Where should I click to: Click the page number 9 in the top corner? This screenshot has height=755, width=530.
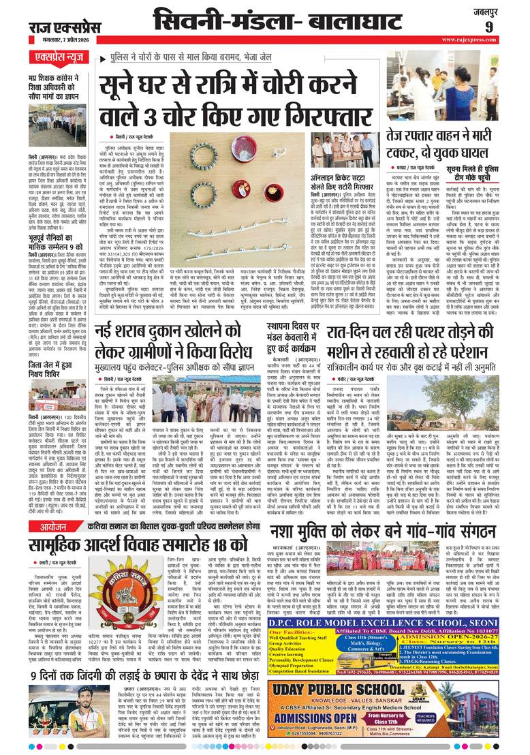point(508,27)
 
